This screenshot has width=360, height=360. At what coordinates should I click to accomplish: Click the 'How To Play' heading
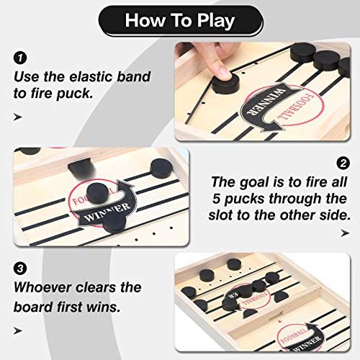coord(179,19)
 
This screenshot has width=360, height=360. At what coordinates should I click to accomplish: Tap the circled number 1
coord(19,56)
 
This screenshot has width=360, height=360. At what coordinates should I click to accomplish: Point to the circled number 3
coord(19,268)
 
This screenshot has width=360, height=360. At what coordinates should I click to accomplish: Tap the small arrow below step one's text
coord(18,117)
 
